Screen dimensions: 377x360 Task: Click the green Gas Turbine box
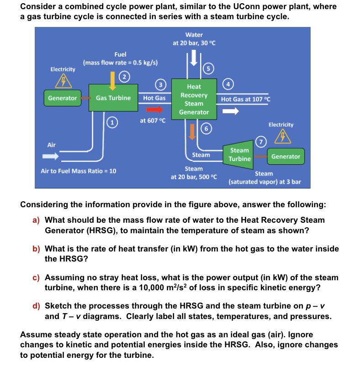[x=113, y=98]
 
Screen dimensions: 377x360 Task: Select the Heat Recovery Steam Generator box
[x=194, y=99]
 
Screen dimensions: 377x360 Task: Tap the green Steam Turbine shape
[x=240, y=154]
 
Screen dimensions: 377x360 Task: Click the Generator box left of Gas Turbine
[x=62, y=98]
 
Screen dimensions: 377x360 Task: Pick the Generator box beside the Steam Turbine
[x=286, y=157]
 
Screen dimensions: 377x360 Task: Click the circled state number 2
[x=123, y=76]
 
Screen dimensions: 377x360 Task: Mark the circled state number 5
[x=208, y=68]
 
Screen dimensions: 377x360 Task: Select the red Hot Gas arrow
[x=154, y=110]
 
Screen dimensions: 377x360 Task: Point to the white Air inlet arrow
[x=50, y=157]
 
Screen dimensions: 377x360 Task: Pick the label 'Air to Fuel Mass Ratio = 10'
[x=79, y=171]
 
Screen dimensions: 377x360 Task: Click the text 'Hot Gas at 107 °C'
[x=245, y=99]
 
